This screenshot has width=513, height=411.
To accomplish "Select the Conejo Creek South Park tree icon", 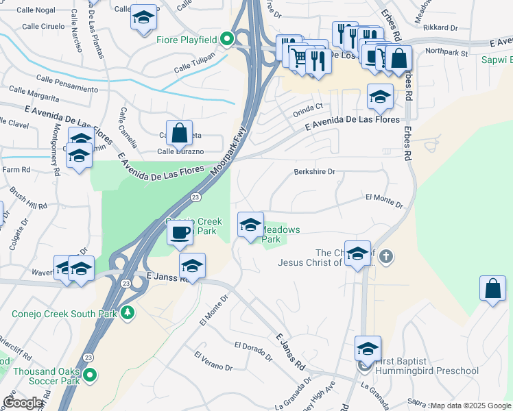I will pos(127,314).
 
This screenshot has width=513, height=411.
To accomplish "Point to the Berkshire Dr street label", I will pos(314,172).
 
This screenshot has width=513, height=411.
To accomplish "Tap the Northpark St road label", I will pos(446,52).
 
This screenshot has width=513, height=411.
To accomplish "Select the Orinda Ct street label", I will pos(308,108).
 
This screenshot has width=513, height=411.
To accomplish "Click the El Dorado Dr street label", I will pos(253,350).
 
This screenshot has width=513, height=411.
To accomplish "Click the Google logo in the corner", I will pos(23,403).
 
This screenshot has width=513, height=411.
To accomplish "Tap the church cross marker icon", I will pos(386,257).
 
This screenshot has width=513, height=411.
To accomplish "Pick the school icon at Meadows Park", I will pos(250,225).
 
